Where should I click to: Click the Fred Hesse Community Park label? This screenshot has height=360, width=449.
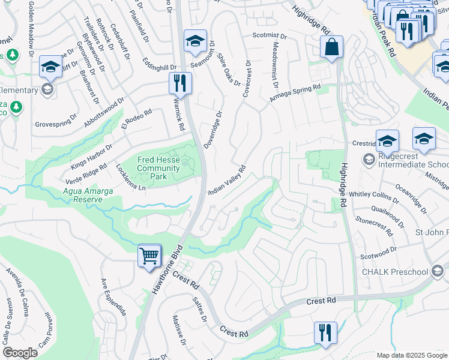pos(158,168)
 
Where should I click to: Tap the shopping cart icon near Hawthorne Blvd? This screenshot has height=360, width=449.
pos(149,256)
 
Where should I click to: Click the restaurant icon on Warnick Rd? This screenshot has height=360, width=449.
pos(179,83)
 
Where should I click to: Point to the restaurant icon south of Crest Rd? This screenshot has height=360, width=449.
pos(325,333)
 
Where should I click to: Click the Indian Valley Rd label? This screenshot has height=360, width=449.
pos(228,181)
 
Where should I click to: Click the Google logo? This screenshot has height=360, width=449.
pos(20,353)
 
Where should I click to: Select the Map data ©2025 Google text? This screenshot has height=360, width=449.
pos(411,355)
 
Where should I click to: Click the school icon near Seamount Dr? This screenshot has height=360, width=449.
pos(195,41)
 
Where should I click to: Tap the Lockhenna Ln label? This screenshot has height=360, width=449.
pos(131,178)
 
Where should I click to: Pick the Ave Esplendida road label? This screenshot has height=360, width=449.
pos(113,298)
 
